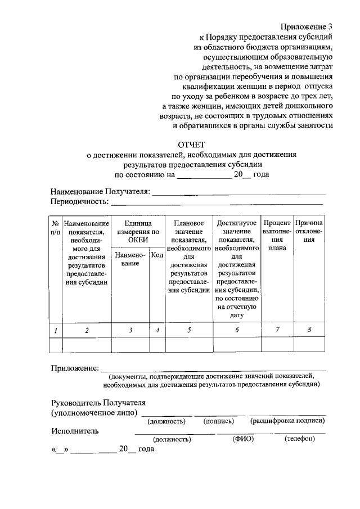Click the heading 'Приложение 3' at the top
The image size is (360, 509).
tap(307, 26)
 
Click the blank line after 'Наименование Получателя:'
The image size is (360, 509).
tap(239, 194)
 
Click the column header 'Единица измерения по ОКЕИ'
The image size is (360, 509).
tap(137, 231)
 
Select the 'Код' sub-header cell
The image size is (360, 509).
tap(157, 255)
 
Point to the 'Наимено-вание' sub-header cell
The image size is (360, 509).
tap(130, 259)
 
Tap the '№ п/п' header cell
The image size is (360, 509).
tap(55, 227)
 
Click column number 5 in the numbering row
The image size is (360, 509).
tap(189, 330)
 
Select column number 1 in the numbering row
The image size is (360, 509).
tap(55, 330)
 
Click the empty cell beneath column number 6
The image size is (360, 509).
tap(237, 344)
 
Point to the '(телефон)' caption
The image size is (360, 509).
tap(299, 439)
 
